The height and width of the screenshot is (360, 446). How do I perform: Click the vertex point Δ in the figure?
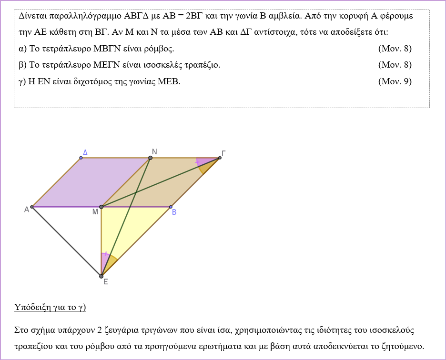tap(81, 158)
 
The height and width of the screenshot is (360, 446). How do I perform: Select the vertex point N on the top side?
tap(150, 158)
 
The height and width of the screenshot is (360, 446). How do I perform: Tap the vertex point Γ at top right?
tap(220, 158)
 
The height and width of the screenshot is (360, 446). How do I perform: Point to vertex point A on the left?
tap(31, 207)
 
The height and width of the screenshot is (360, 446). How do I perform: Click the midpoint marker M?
tap(101, 207)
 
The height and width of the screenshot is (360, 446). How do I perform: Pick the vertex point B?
tap(171, 207)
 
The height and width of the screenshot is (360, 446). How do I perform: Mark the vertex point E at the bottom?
tap(101, 276)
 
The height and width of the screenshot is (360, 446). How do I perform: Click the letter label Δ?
tap(85, 152)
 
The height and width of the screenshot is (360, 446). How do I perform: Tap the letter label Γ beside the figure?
tap(223, 153)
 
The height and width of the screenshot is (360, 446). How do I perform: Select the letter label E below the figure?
tap(105, 282)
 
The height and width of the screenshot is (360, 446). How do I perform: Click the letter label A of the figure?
tap(27, 210)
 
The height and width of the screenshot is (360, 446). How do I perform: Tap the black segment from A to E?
tap(66, 241)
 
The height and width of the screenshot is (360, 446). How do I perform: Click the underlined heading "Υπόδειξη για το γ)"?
tap(50, 307)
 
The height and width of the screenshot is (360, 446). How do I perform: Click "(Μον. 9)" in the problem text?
tap(395, 81)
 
